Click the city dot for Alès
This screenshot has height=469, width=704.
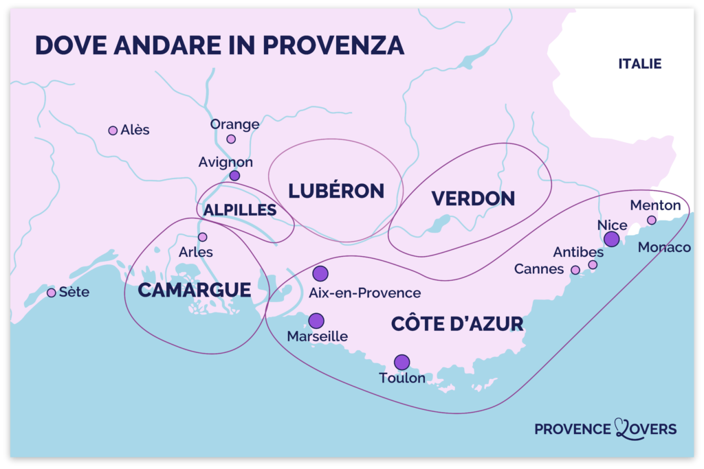[113, 130]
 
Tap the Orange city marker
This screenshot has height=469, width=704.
[231, 139]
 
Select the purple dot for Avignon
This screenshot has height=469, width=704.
[234, 176]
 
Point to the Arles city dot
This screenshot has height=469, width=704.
[202, 237]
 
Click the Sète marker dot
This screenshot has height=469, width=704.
[51, 293]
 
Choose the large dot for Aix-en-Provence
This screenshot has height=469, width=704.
[320, 273]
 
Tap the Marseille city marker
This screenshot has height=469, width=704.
[316, 321]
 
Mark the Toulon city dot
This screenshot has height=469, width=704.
[401, 362]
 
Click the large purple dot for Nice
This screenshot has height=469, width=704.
[611, 239]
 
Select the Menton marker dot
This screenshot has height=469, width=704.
[651, 220]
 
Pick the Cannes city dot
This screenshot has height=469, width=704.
[575, 270]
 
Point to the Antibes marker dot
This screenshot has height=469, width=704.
[593, 264]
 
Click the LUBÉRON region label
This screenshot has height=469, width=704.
[336, 191]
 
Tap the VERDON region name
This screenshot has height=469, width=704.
[473, 198]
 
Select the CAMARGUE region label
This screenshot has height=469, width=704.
[194, 290]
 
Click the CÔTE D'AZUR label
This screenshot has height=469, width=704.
[457, 324]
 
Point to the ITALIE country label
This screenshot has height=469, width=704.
[639, 64]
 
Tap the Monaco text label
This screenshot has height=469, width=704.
[664, 247]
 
